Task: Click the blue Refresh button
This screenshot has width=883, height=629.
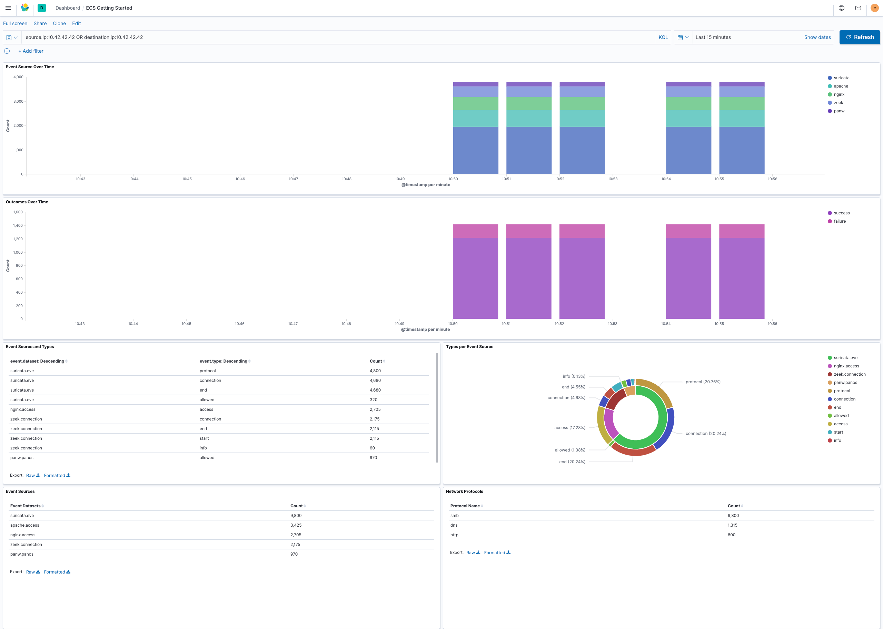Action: coord(859,37)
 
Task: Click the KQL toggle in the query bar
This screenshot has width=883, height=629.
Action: coord(663,37)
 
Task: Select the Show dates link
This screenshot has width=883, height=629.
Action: coord(817,37)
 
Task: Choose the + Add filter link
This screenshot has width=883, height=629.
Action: coord(31,51)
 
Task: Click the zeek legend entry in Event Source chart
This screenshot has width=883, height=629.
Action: coord(838,103)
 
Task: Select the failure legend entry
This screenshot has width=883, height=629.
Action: coord(840,221)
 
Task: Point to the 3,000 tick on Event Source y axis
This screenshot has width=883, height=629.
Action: coord(18,101)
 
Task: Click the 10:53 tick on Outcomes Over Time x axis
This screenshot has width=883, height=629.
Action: coord(613,323)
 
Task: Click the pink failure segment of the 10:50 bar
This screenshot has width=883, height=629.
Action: coord(475,231)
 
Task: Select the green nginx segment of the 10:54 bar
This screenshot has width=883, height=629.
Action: coord(688,103)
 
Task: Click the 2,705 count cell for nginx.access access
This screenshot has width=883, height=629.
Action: coord(375,409)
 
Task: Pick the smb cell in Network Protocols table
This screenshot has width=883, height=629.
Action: coord(454,516)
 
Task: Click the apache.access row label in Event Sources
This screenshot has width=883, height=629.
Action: coord(25,525)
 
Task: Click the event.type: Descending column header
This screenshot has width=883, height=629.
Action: coord(224,361)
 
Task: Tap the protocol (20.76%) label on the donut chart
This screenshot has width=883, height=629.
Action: coord(703,382)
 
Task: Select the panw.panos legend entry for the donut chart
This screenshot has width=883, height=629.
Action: coord(845,383)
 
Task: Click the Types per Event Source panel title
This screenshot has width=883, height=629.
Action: coord(469,347)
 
